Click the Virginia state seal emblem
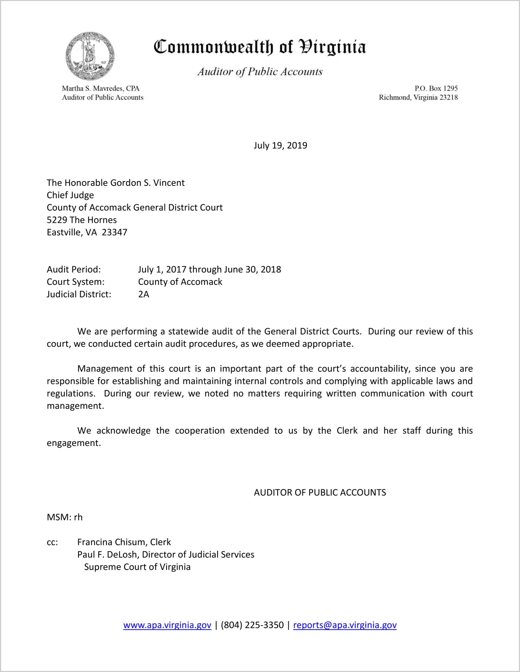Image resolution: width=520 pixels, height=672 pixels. tap(90, 56)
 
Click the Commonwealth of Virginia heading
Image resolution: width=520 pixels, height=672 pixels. tap(260, 47)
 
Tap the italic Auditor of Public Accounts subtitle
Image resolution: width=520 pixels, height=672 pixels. tap(260, 72)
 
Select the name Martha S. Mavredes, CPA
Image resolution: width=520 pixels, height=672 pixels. tap(101, 88)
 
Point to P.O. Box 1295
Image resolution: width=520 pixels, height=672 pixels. tap(436, 88)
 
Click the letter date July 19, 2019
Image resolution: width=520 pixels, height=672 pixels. tap(280, 145)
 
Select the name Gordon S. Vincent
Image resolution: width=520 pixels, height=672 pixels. tap(148, 183)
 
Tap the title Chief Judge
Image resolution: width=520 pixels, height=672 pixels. tap(70, 195)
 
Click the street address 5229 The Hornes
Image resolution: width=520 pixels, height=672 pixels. tap(82, 220)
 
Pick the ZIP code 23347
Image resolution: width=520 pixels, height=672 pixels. tap(115, 232)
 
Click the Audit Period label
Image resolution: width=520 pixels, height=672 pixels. tap(74, 269)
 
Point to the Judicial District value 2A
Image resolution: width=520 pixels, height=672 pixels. tap(144, 294)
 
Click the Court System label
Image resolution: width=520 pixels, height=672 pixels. tap(76, 282)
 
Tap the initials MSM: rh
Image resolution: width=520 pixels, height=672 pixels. tap(65, 517)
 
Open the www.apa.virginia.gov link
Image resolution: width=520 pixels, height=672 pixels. tap(167, 625)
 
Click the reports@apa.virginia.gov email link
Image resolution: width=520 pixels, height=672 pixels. tap(345, 625)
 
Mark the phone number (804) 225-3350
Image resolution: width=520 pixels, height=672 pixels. tap(252, 625)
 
